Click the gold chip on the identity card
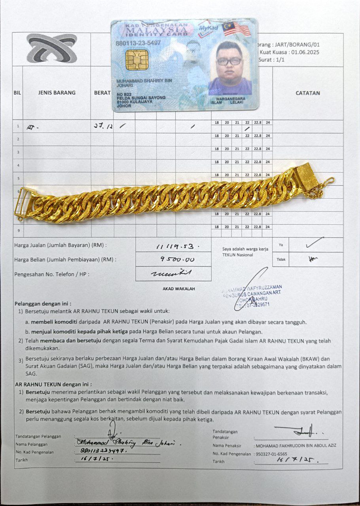(137, 60)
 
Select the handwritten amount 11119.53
(174, 247)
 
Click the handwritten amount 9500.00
(174, 260)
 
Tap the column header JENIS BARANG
(57, 93)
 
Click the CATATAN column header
(308, 93)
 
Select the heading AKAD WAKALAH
(179, 289)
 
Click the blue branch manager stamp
(252, 295)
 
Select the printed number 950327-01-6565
(271, 454)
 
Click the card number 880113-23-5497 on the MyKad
(138, 42)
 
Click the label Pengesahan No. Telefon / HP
(52, 274)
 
